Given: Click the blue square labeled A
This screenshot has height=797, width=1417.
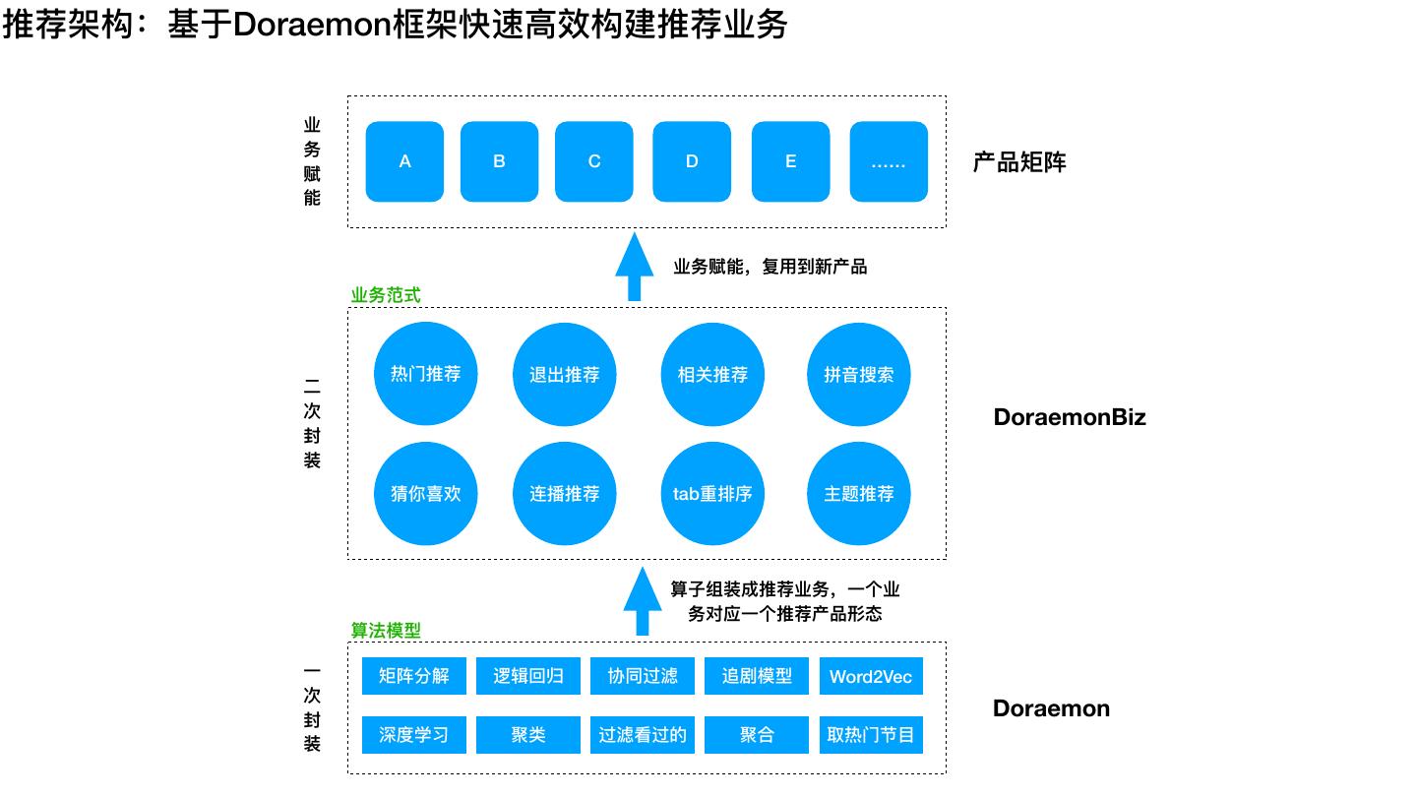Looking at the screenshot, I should (404, 161).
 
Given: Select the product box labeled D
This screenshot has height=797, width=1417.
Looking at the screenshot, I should (692, 161).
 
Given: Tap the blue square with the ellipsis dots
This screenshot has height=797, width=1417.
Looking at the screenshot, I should (889, 161).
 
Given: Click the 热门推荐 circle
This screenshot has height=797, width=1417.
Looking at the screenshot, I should (425, 375).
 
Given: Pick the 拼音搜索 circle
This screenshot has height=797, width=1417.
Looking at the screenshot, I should (858, 375).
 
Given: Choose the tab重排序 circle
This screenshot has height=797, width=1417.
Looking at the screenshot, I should (712, 494).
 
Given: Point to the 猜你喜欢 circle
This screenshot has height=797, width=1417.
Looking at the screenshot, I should (425, 494).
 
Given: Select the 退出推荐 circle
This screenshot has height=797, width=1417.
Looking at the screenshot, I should (564, 375).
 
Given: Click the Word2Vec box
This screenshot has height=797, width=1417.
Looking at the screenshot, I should (871, 676).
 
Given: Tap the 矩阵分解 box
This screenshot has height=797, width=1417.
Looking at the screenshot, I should (413, 676).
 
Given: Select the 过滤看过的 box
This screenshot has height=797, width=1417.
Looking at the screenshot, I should (643, 735).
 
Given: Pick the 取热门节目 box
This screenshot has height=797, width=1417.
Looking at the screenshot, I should (871, 735).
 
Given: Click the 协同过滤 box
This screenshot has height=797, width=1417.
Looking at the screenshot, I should (643, 676).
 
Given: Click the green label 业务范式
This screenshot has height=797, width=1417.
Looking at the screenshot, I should (386, 295).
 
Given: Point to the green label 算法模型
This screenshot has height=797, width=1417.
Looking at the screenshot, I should (386, 631).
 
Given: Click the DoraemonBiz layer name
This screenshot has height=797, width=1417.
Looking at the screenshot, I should (1070, 417).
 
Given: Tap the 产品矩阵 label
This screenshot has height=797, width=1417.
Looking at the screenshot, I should (1019, 162).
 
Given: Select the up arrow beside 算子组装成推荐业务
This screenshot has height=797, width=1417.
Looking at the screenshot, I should (643, 601).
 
